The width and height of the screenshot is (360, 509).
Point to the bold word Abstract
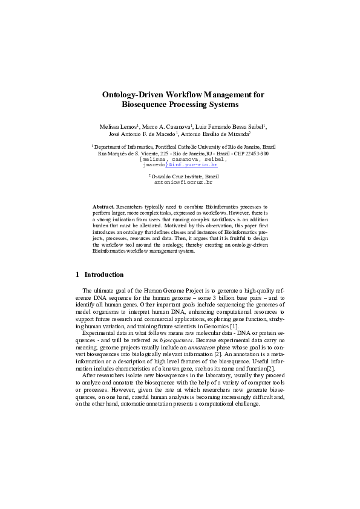(103, 207)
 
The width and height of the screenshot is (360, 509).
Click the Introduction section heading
(103, 274)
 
